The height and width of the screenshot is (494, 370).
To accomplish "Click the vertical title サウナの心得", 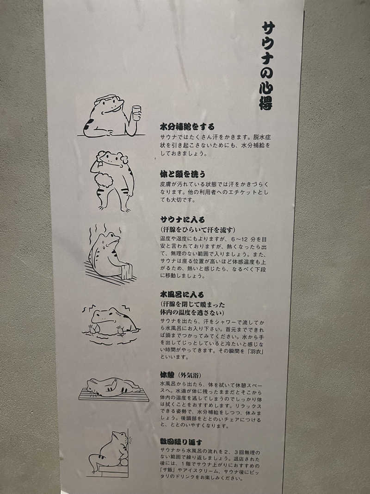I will click(267, 65).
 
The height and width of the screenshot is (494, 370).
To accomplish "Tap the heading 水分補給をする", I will click(187, 126).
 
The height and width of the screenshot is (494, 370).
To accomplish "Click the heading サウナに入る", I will click(182, 219).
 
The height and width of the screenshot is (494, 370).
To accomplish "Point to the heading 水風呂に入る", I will click(182, 294).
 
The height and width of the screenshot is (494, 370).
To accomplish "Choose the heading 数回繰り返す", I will click(181, 442).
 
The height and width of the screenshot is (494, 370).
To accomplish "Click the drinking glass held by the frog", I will click(136, 113).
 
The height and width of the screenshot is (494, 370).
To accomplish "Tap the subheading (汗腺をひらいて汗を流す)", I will click(198, 230).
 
